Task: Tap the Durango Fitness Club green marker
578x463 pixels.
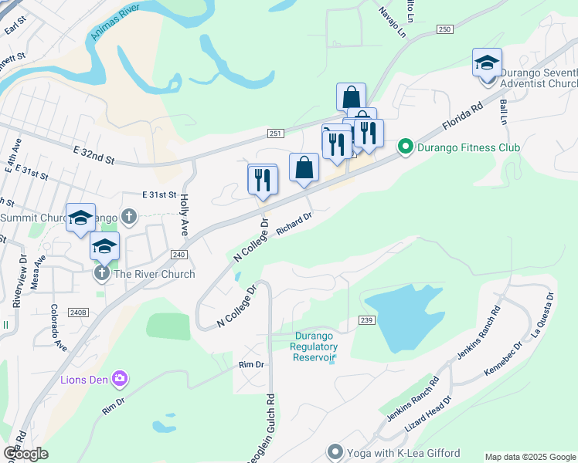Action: tap(404, 147)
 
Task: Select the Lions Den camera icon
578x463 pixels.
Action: tap(119, 378)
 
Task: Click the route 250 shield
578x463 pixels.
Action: tap(444, 29)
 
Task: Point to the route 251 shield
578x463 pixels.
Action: tap(276, 133)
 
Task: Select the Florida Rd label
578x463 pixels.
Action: tap(462, 114)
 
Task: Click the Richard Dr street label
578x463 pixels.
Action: tap(294, 226)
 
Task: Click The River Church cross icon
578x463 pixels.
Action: tap(101, 274)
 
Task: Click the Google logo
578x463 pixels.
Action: tap(25, 453)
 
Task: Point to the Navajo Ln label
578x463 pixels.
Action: tap(392, 24)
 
